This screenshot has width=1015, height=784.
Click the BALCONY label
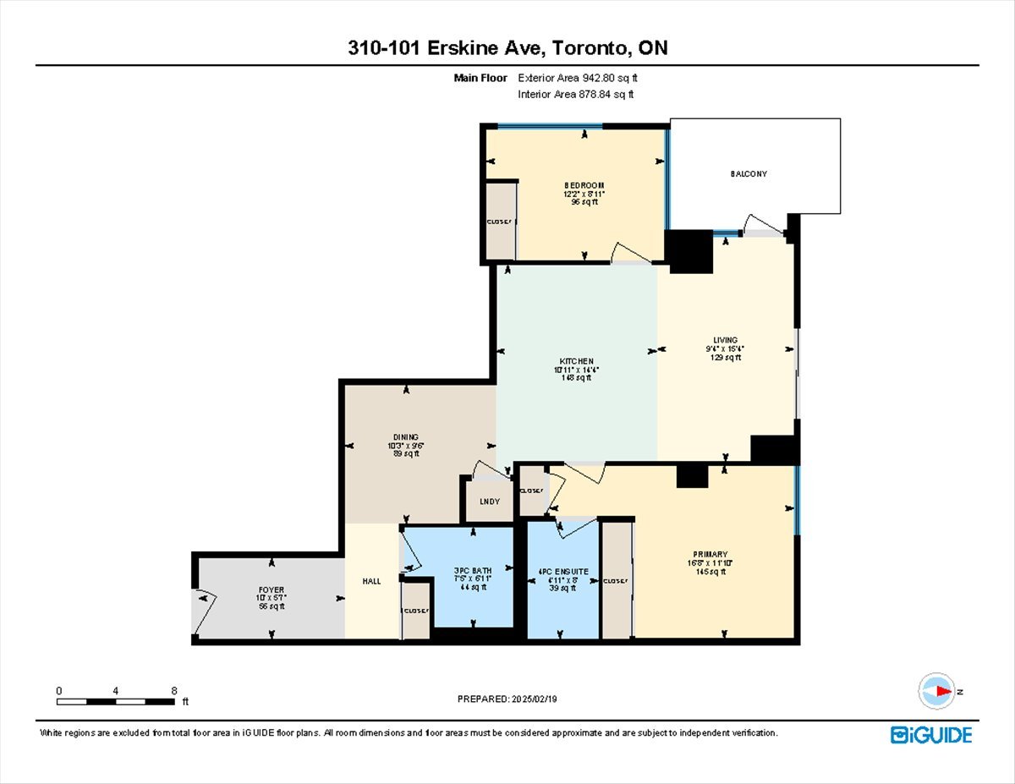tap(749, 173)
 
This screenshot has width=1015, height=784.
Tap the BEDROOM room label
tap(584, 185)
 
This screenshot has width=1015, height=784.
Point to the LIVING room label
tap(725, 340)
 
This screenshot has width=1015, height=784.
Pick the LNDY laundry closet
tap(489, 502)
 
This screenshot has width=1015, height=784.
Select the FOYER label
tap(272, 589)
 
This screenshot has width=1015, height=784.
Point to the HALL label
tap(371, 581)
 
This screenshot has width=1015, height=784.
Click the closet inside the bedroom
tap(500, 222)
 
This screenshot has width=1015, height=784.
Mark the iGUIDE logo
tap(930, 734)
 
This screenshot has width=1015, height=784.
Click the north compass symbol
tap(936, 691)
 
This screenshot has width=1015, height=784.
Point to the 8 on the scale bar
tap(173, 690)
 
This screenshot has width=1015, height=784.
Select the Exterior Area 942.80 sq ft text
tap(578, 78)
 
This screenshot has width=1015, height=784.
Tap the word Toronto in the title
tap(589, 48)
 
